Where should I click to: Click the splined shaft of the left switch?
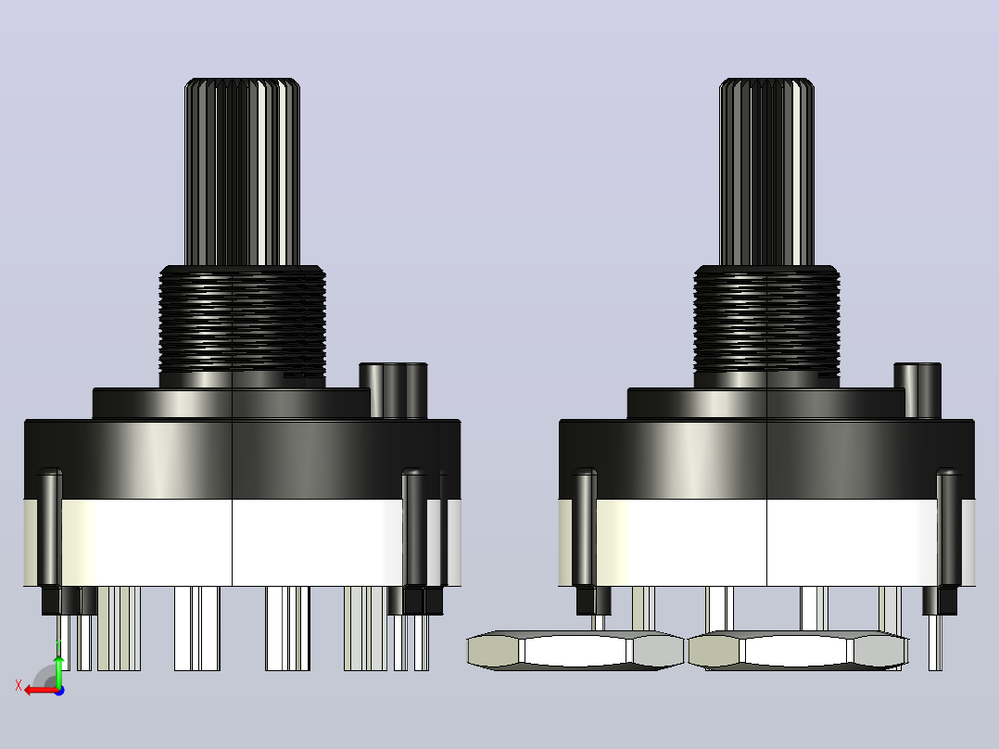click(242, 172)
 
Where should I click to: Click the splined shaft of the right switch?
click(766, 172)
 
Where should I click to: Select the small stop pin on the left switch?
click(393, 390)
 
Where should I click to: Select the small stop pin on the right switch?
click(917, 390)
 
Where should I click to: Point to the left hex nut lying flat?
click(576, 650)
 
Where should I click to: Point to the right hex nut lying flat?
click(798, 650)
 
